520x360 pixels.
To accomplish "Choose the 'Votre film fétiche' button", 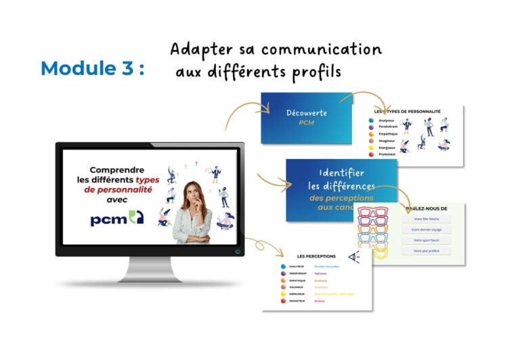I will (x=426, y=219).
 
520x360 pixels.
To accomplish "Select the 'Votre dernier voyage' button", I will (x=426, y=229).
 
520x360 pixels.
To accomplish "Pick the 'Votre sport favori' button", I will (x=426, y=240).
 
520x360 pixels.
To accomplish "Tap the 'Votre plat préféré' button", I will (x=426, y=251).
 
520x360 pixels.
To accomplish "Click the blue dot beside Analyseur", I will (x=371, y=122).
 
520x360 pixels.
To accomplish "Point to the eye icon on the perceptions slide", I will (x=353, y=257).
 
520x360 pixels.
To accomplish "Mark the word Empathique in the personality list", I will (x=393, y=135).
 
